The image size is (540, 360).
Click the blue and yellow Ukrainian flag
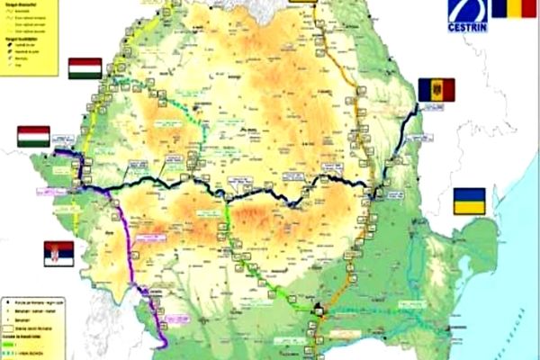click(469, 202)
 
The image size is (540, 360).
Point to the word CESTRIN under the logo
click(471, 28)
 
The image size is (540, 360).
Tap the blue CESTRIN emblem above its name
click(470, 11)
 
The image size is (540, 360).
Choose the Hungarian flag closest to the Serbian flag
click(32, 137)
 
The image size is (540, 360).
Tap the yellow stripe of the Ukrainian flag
click(469, 208)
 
